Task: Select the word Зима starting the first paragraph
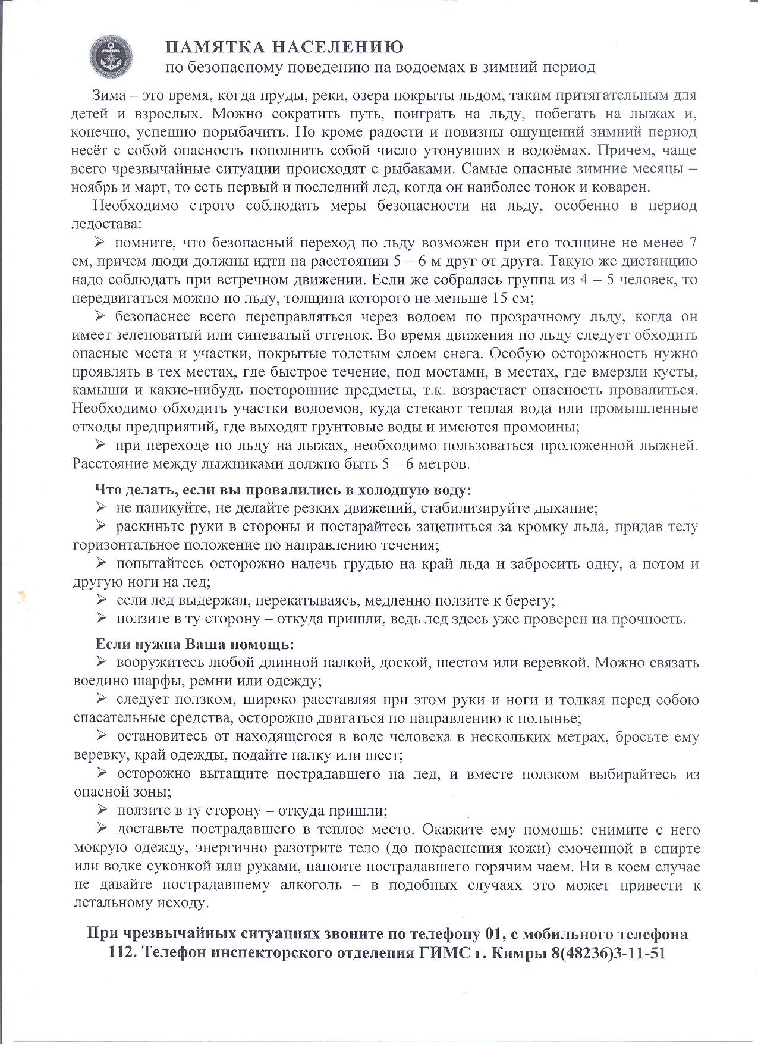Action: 109,96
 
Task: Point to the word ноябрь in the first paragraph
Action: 95,187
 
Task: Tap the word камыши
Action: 94,390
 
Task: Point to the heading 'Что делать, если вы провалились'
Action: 283,490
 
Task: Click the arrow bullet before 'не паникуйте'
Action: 100,507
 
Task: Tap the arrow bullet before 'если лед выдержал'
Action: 100,600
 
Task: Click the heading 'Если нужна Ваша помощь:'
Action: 195,644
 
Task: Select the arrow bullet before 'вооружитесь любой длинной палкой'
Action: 100,661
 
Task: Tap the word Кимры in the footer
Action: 512,952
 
